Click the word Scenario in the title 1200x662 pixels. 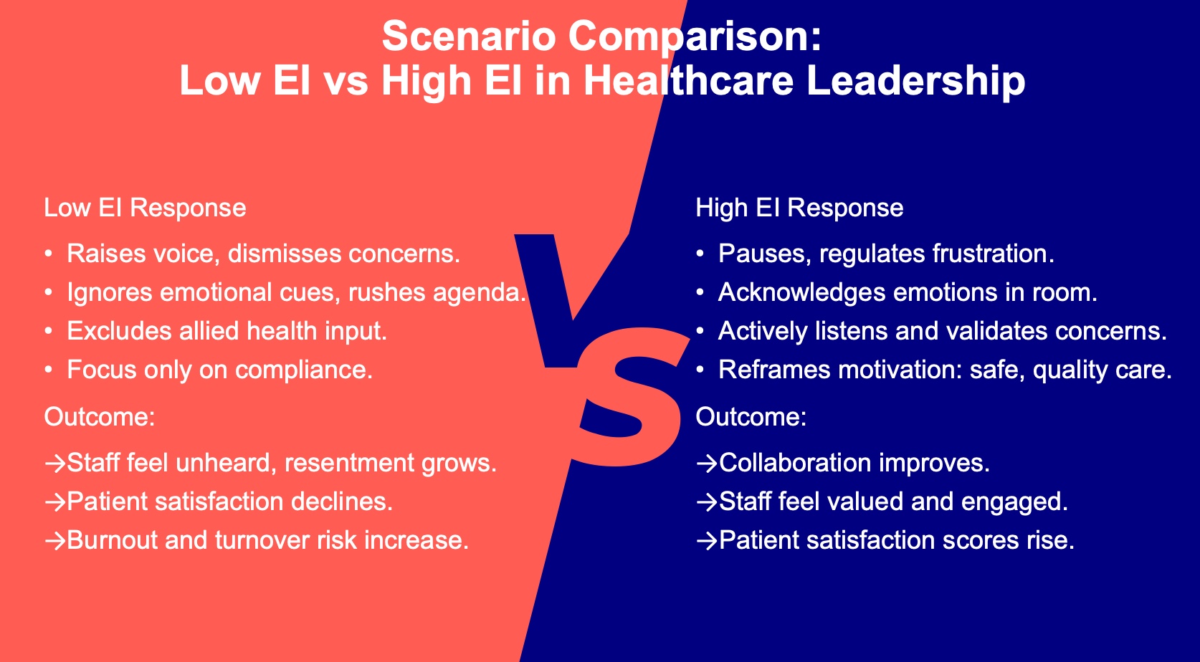[470, 36]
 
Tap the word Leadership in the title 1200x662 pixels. [915, 81]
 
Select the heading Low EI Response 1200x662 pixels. [146, 207]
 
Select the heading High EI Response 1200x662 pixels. [799, 208]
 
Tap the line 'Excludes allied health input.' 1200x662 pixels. [227, 331]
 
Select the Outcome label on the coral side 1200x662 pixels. [100, 417]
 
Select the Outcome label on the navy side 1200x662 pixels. [751, 417]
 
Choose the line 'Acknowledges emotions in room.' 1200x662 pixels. [908, 292]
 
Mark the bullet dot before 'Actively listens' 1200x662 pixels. [700, 331]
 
